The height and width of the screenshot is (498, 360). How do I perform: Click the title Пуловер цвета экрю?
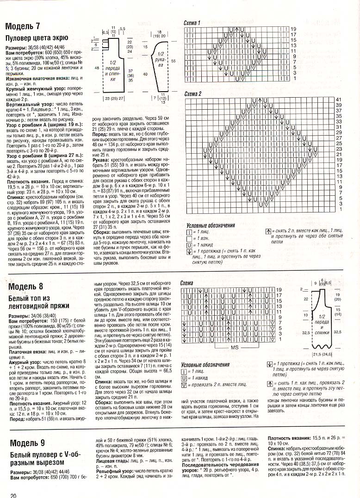click(37, 37)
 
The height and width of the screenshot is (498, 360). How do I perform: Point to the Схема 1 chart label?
click(192, 23)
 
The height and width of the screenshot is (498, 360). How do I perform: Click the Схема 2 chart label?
click(193, 94)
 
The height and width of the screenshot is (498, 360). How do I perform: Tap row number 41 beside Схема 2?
click(338, 100)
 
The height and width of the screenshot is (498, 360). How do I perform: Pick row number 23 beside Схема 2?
click(338, 149)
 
